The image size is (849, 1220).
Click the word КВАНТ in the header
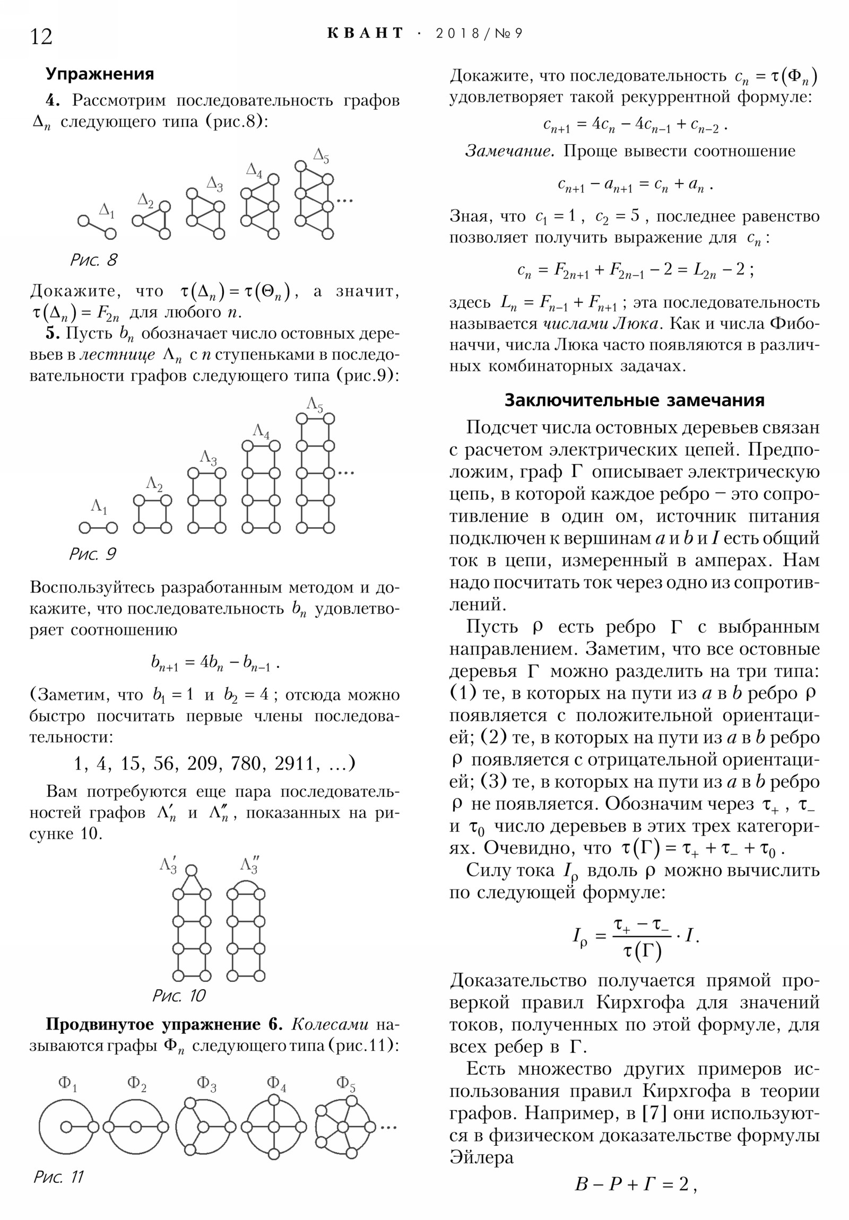point(366,33)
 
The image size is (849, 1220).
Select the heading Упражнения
point(99,74)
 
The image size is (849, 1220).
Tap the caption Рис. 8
point(93,260)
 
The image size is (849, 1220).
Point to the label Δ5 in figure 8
point(321,156)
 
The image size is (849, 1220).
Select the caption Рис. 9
point(92,554)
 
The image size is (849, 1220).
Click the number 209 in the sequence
point(203,764)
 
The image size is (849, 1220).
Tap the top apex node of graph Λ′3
point(192,870)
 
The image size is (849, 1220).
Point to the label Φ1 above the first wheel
point(67,1083)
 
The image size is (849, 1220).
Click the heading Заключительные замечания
point(634,400)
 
